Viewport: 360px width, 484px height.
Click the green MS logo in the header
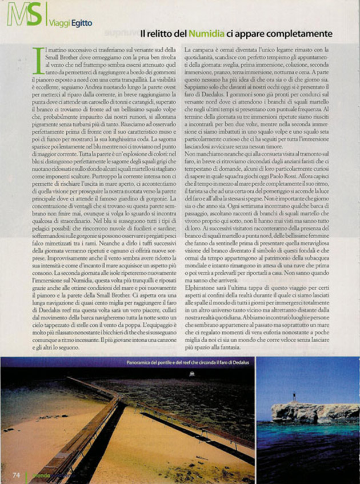click(23, 15)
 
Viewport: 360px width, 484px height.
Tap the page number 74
click(18, 474)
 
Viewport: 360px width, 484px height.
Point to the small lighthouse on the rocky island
click(294, 396)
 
